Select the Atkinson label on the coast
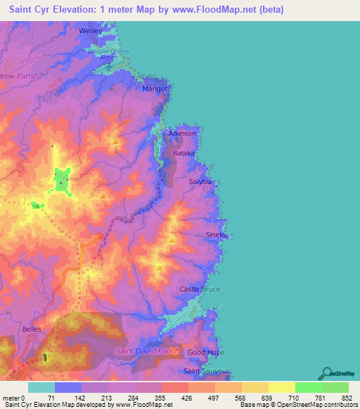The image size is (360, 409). [x=182, y=133]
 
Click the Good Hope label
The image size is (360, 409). [x=205, y=352]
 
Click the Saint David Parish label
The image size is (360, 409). [x=148, y=351]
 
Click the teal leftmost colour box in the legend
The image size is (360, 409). [x=41, y=387]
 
